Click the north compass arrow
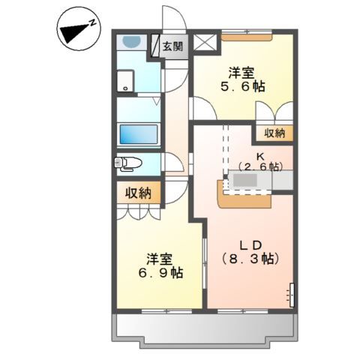[x=76, y=31]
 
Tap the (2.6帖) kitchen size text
[x=259, y=166]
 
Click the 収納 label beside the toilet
[x=139, y=192]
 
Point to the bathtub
[x=139, y=135]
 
